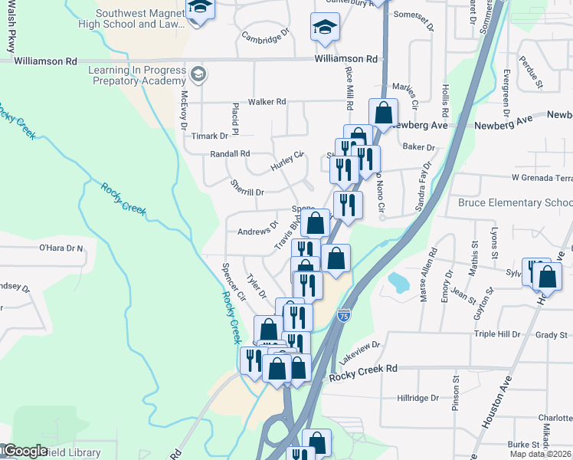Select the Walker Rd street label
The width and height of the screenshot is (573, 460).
pos(267,101)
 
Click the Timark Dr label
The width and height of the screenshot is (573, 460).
pos(210,136)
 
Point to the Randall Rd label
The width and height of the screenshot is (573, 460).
pos(231,153)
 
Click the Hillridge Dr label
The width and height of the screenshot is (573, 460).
pos(418,398)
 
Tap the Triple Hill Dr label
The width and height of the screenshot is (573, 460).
pos(497,334)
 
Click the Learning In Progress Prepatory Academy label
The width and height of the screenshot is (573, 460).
pos(137,75)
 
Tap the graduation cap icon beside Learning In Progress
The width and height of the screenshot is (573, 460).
pos(198,74)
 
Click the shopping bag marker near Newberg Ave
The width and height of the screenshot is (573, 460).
pos(383,113)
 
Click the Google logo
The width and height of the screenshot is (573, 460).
pos(25,451)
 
